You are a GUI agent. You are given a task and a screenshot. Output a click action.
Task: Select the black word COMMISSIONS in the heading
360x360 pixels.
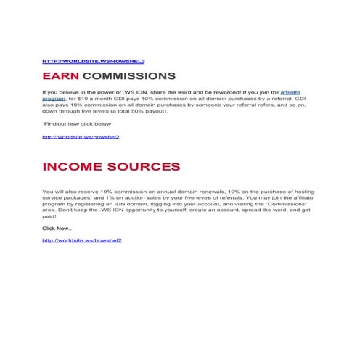[x=129, y=76]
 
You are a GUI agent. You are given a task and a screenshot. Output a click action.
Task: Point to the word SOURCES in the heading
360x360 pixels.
[x=147, y=167]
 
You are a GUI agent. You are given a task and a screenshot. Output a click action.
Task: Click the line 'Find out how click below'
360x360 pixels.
[x=73, y=124]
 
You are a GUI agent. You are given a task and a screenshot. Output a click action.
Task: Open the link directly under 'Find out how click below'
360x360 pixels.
[x=81, y=136]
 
